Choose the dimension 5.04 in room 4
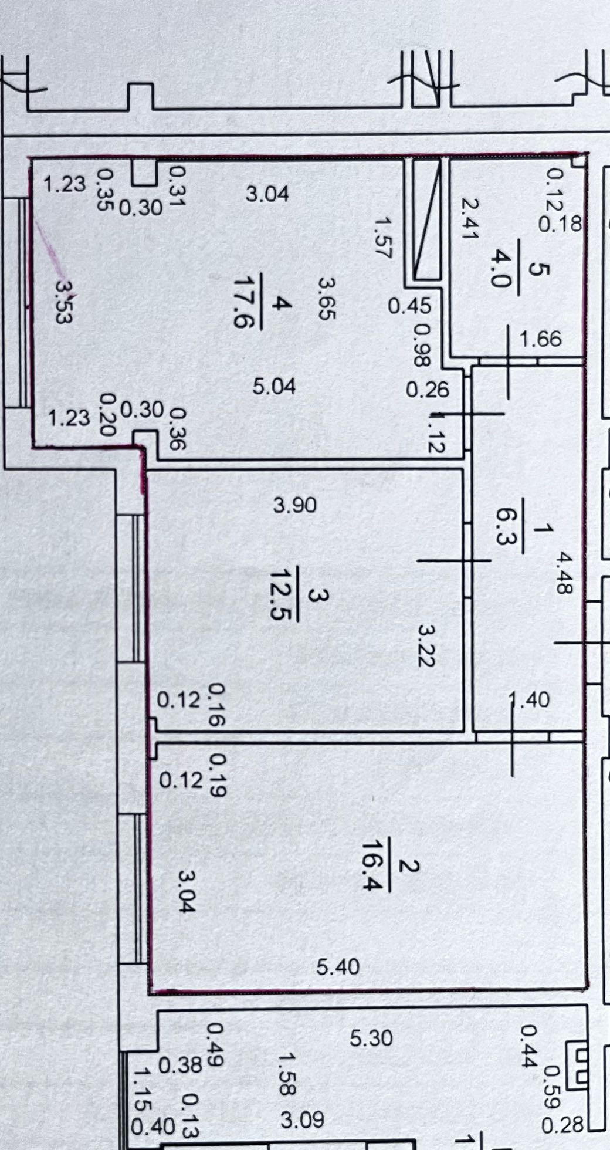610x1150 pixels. (x=274, y=386)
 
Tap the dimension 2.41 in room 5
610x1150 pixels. (x=470, y=218)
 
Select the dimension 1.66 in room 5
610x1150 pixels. (x=540, y=339)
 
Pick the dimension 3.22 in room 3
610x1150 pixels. (x=426, y=645)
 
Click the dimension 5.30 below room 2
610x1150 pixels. (x=371, y=1038)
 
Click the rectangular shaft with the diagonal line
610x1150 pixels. (x=426, y=219)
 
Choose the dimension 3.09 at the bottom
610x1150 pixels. (x=302, y=1120)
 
